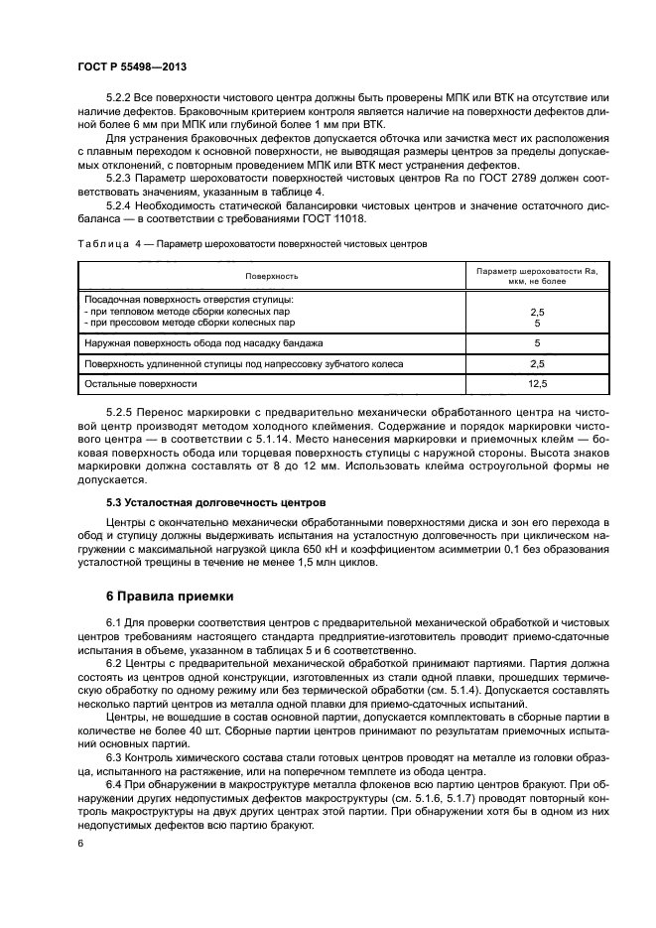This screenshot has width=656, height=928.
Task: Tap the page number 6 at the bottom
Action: (x=79, y=844)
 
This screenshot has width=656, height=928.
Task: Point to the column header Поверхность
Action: (x=274, y=276)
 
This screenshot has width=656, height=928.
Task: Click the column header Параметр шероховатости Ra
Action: (x=536, y=270)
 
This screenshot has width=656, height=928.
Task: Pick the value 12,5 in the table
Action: (x=536, y=382)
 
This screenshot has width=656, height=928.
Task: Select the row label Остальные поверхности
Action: (x=141, y=382)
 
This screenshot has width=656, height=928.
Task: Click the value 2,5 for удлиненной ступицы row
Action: (x=536, y=363)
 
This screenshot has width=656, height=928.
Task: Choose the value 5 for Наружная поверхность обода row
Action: (x=536, y=342)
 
